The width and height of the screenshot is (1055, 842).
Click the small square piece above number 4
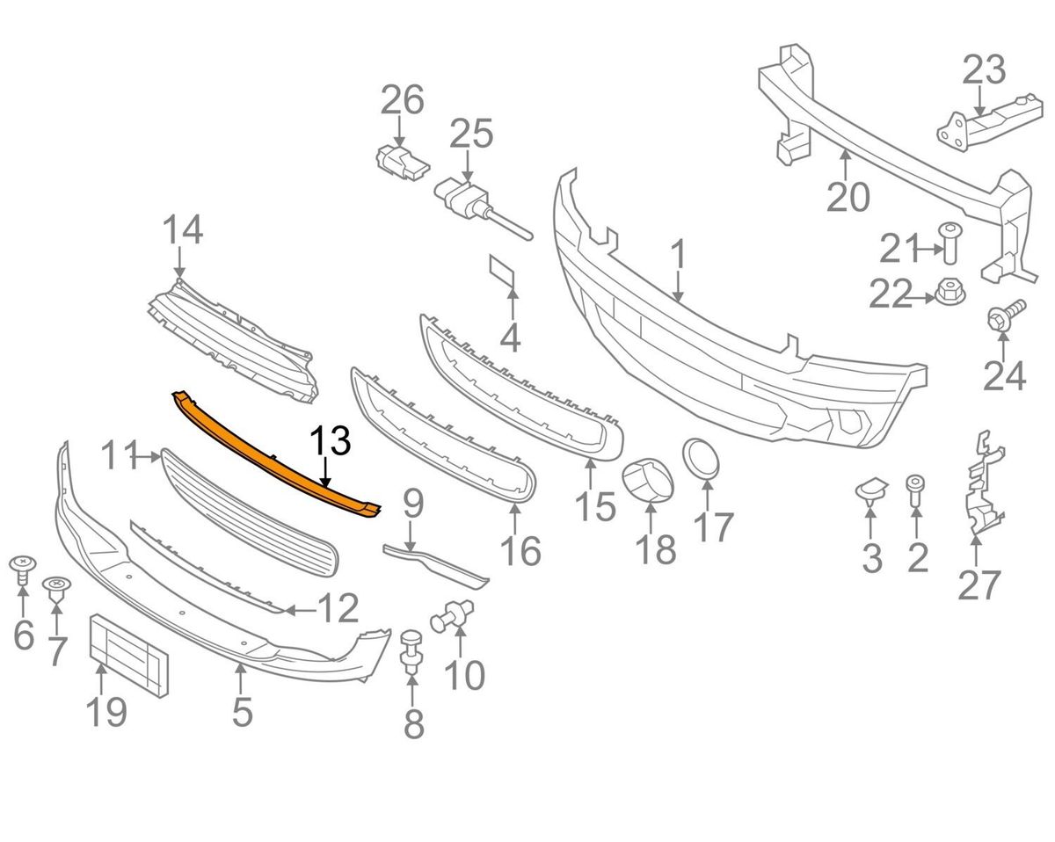[x=504, y=272]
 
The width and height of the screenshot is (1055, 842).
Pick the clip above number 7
[x=57, y=586]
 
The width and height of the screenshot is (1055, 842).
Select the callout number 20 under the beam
[x=848, y=196]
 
